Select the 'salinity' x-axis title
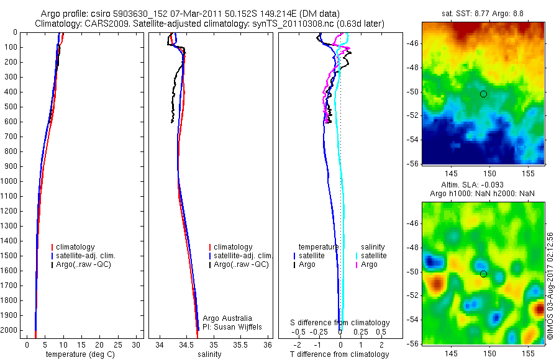point(209,354)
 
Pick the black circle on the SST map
point(483,94)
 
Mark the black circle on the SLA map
point(484,274)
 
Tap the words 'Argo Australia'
point(227,318)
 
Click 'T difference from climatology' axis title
point(339,354)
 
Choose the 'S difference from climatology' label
point(340,323)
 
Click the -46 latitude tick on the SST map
point(412,43)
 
